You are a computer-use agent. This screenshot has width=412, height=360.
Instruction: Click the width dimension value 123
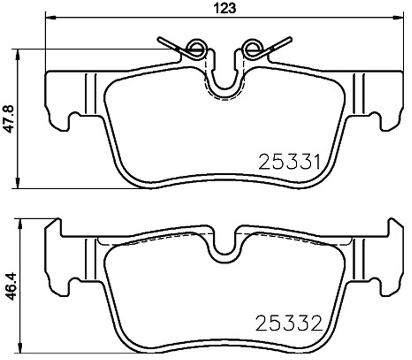click(224, 8)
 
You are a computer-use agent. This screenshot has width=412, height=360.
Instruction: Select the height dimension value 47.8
click(9, 119)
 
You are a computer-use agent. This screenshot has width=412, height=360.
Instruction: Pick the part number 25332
click(289, 323)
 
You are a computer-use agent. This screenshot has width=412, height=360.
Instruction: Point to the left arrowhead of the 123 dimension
click(51, 18)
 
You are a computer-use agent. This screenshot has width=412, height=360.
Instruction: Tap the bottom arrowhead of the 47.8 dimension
click(18, 183)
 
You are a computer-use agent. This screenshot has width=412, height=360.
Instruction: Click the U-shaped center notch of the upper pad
click(224, 82)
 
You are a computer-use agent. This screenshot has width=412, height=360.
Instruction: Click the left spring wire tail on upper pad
click(167, 42)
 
